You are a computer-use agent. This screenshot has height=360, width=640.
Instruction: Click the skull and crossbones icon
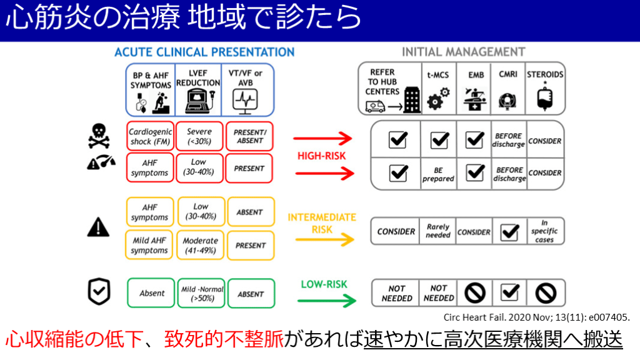pyautogui.click(x=99, y=135)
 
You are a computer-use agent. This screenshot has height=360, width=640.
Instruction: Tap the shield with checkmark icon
pyautogui.click(x=99, y=291)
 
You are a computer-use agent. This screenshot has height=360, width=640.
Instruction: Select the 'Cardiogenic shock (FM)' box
pyautogui.click(x=149, y=136)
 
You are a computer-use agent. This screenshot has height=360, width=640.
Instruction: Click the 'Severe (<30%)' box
pyautogui.click(x=199, y=136)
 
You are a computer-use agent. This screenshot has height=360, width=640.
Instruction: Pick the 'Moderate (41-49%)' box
pyautogui.click(x=200, y=246)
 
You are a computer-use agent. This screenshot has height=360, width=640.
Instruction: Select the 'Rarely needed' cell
pyautogui.click(x=438, y=231)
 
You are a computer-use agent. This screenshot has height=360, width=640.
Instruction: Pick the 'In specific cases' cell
pyautogui.click(x=544, y=231)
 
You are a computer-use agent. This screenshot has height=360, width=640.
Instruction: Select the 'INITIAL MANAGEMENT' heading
pyautogui.click(x=463, y=52)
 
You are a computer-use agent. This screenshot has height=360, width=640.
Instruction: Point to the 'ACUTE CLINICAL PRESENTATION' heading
pyautogui.click(x=204, y=52)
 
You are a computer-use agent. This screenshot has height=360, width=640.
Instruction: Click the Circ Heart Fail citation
pyautogui.click(x=536, y=317)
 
